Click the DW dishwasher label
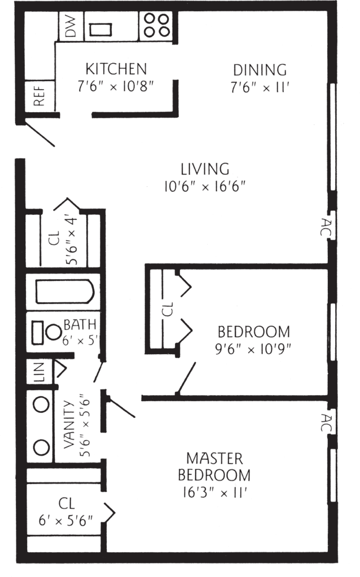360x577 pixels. tap(72, 27)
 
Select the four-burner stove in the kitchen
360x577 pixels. tap(156, 26)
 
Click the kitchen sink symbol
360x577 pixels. tap(100, 29)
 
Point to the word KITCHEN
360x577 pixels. tap(116, 69)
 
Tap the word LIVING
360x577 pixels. tap(205, 169)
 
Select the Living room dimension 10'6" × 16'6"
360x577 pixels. tap(205, 187)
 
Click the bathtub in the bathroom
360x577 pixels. tap(65, 292)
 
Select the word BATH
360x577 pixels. tap(80, 324)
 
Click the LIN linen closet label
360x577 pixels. tap(39, 372)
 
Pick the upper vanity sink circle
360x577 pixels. tap(41, 404)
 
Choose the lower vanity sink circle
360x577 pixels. tap(41, 447)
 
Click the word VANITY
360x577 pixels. tap(69, 424)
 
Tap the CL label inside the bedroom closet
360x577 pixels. tap(168, 309)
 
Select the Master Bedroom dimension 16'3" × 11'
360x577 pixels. tap(214, 492)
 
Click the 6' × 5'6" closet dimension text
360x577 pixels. tap(65, 521)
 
